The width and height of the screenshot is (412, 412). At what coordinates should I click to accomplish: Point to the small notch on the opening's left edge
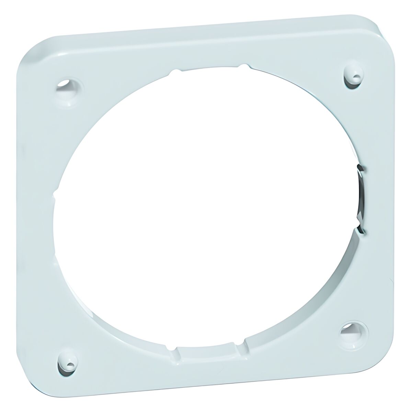(55, 195)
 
